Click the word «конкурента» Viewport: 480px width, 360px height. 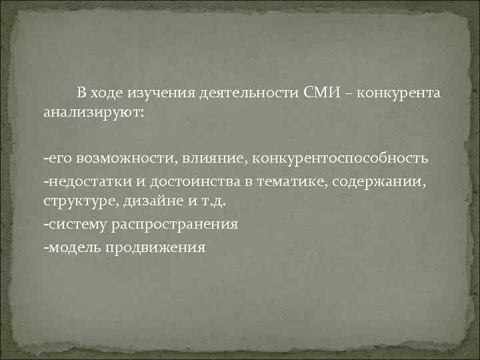click(399, 91)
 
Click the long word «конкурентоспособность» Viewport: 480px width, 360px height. click(340, 159)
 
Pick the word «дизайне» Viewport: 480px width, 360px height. click(145, 202)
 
